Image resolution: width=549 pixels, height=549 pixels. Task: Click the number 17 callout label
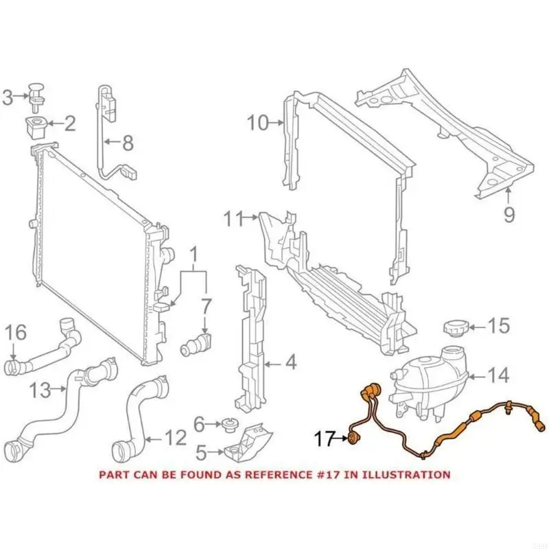[324, 437]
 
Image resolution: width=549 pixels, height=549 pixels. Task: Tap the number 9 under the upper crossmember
[509, 215]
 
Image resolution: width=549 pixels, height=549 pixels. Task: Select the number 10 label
[258, 124]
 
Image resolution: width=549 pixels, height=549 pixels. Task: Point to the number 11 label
[234, 220]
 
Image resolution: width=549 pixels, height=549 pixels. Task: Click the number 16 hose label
[16, 333]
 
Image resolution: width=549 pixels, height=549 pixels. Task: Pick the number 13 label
[40, 390]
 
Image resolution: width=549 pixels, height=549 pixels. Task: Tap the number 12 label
[176, 436]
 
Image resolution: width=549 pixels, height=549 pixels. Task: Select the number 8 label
[128, 143]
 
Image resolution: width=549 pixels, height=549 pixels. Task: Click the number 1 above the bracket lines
[194, 256]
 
